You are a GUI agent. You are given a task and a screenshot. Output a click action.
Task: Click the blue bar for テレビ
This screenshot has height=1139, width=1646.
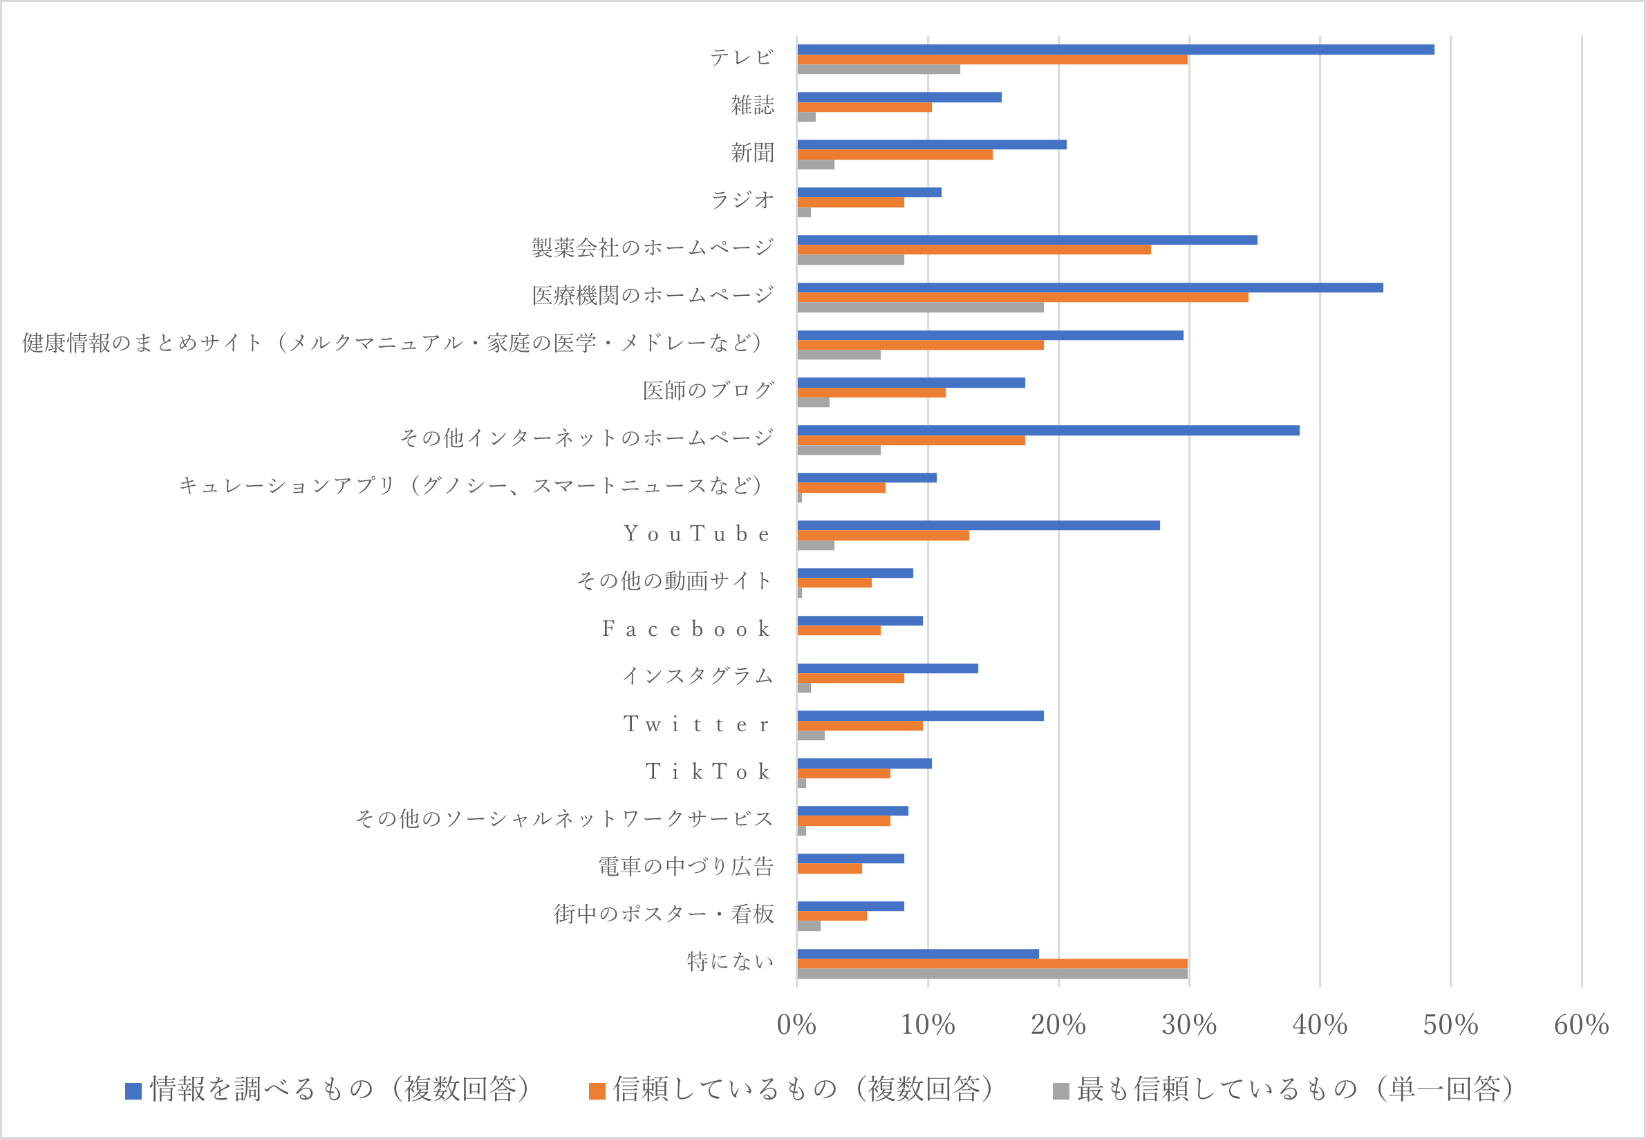click(x=1115, y=49)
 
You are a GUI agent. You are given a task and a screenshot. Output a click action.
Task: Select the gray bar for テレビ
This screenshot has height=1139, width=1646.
click(x=878, y=69)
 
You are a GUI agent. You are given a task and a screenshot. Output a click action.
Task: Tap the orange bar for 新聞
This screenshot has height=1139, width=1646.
click(x=895, y=155)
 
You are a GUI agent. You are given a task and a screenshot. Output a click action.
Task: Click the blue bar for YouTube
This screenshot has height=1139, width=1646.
click(x=978, y=525)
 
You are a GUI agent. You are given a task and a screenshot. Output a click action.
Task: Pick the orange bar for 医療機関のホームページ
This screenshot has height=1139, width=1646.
click(x=1022, y=298)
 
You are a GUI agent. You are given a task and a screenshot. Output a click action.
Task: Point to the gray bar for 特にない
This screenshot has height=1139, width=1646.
click(x=992, y=973)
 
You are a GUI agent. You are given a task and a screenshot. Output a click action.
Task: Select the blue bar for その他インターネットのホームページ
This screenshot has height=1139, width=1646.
click(x=1048, y=431)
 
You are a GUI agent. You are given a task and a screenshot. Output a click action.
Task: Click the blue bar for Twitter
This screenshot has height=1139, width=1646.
click(x=920, y=716)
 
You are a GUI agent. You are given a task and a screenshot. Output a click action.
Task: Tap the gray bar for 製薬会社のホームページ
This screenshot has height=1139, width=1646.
click(x=850, y=260)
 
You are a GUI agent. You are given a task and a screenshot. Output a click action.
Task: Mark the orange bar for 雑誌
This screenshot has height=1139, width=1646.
click(x=863, y=107)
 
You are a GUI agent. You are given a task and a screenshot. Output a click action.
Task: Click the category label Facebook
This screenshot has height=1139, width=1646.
click(x=686, y=629)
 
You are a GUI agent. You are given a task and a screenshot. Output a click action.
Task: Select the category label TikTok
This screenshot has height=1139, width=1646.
click(x=707, y=771)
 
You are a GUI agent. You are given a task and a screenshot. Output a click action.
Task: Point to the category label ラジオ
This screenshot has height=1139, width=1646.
click(x=742, y=200)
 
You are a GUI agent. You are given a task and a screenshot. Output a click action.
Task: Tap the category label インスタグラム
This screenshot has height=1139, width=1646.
click(x=698, y=676)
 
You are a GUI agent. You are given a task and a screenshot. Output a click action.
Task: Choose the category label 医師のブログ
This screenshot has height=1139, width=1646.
click(x=707, y=390)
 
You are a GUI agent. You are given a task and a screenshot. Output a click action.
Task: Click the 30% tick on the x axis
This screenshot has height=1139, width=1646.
click(x=1188, y=1025)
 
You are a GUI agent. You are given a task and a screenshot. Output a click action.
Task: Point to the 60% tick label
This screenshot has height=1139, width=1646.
click(x=1581, y=1025)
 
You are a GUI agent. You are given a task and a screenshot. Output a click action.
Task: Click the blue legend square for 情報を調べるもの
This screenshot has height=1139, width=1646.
click(x=133, y=1091)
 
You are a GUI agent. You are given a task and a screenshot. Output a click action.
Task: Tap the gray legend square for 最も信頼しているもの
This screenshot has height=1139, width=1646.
click(x=1060, y=1091)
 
